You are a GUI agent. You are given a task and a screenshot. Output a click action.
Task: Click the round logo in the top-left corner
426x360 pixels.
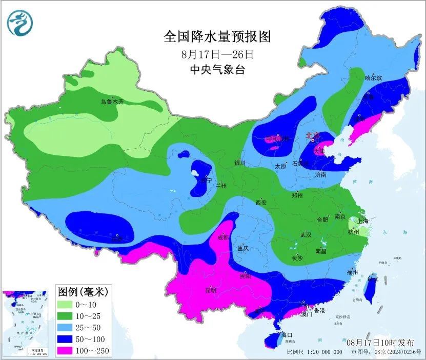[x=19, y=24]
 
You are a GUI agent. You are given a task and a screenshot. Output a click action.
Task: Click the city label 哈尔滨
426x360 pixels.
[x=373, y=78]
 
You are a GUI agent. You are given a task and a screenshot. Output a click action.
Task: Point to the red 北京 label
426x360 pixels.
[x=312, y=135]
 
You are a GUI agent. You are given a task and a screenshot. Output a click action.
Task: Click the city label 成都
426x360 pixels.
[x=222, y=237]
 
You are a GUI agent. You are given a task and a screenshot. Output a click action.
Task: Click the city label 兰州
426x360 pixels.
[x=221, y=186]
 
